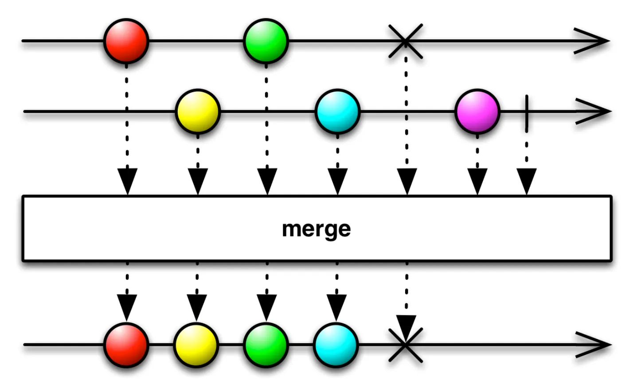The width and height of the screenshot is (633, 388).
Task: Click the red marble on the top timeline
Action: point(126,41)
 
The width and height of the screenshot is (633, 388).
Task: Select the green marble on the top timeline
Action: point(266,41)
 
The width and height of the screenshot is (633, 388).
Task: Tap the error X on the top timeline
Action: point(406,41)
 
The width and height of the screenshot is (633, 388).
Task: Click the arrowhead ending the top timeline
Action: point(594,41)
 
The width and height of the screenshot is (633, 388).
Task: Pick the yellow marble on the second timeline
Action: point(198,111)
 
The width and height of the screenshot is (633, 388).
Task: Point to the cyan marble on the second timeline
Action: point(337,111)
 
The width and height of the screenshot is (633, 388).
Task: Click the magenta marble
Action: point(477,111)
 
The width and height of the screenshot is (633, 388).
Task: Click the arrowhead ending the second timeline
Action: point(596,112)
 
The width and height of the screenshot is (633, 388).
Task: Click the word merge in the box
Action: point(316,229)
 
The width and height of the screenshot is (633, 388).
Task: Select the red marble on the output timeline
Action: point(126,345)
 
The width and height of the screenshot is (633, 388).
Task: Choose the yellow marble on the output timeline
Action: point(196,345)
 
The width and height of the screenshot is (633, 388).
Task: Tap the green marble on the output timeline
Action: point(266,345)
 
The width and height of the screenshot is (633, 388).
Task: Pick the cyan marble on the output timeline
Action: point(336,345)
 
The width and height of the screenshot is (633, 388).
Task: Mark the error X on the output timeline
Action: point(406,345)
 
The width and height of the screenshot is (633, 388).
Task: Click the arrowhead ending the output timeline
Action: point(596,345)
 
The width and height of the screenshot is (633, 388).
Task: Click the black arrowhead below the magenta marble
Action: point(477,180)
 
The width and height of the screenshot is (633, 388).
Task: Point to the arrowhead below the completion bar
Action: point(527,180)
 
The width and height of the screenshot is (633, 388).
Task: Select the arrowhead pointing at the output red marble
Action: point(127,307)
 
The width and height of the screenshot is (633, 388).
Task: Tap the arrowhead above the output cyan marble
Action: point(336,307)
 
